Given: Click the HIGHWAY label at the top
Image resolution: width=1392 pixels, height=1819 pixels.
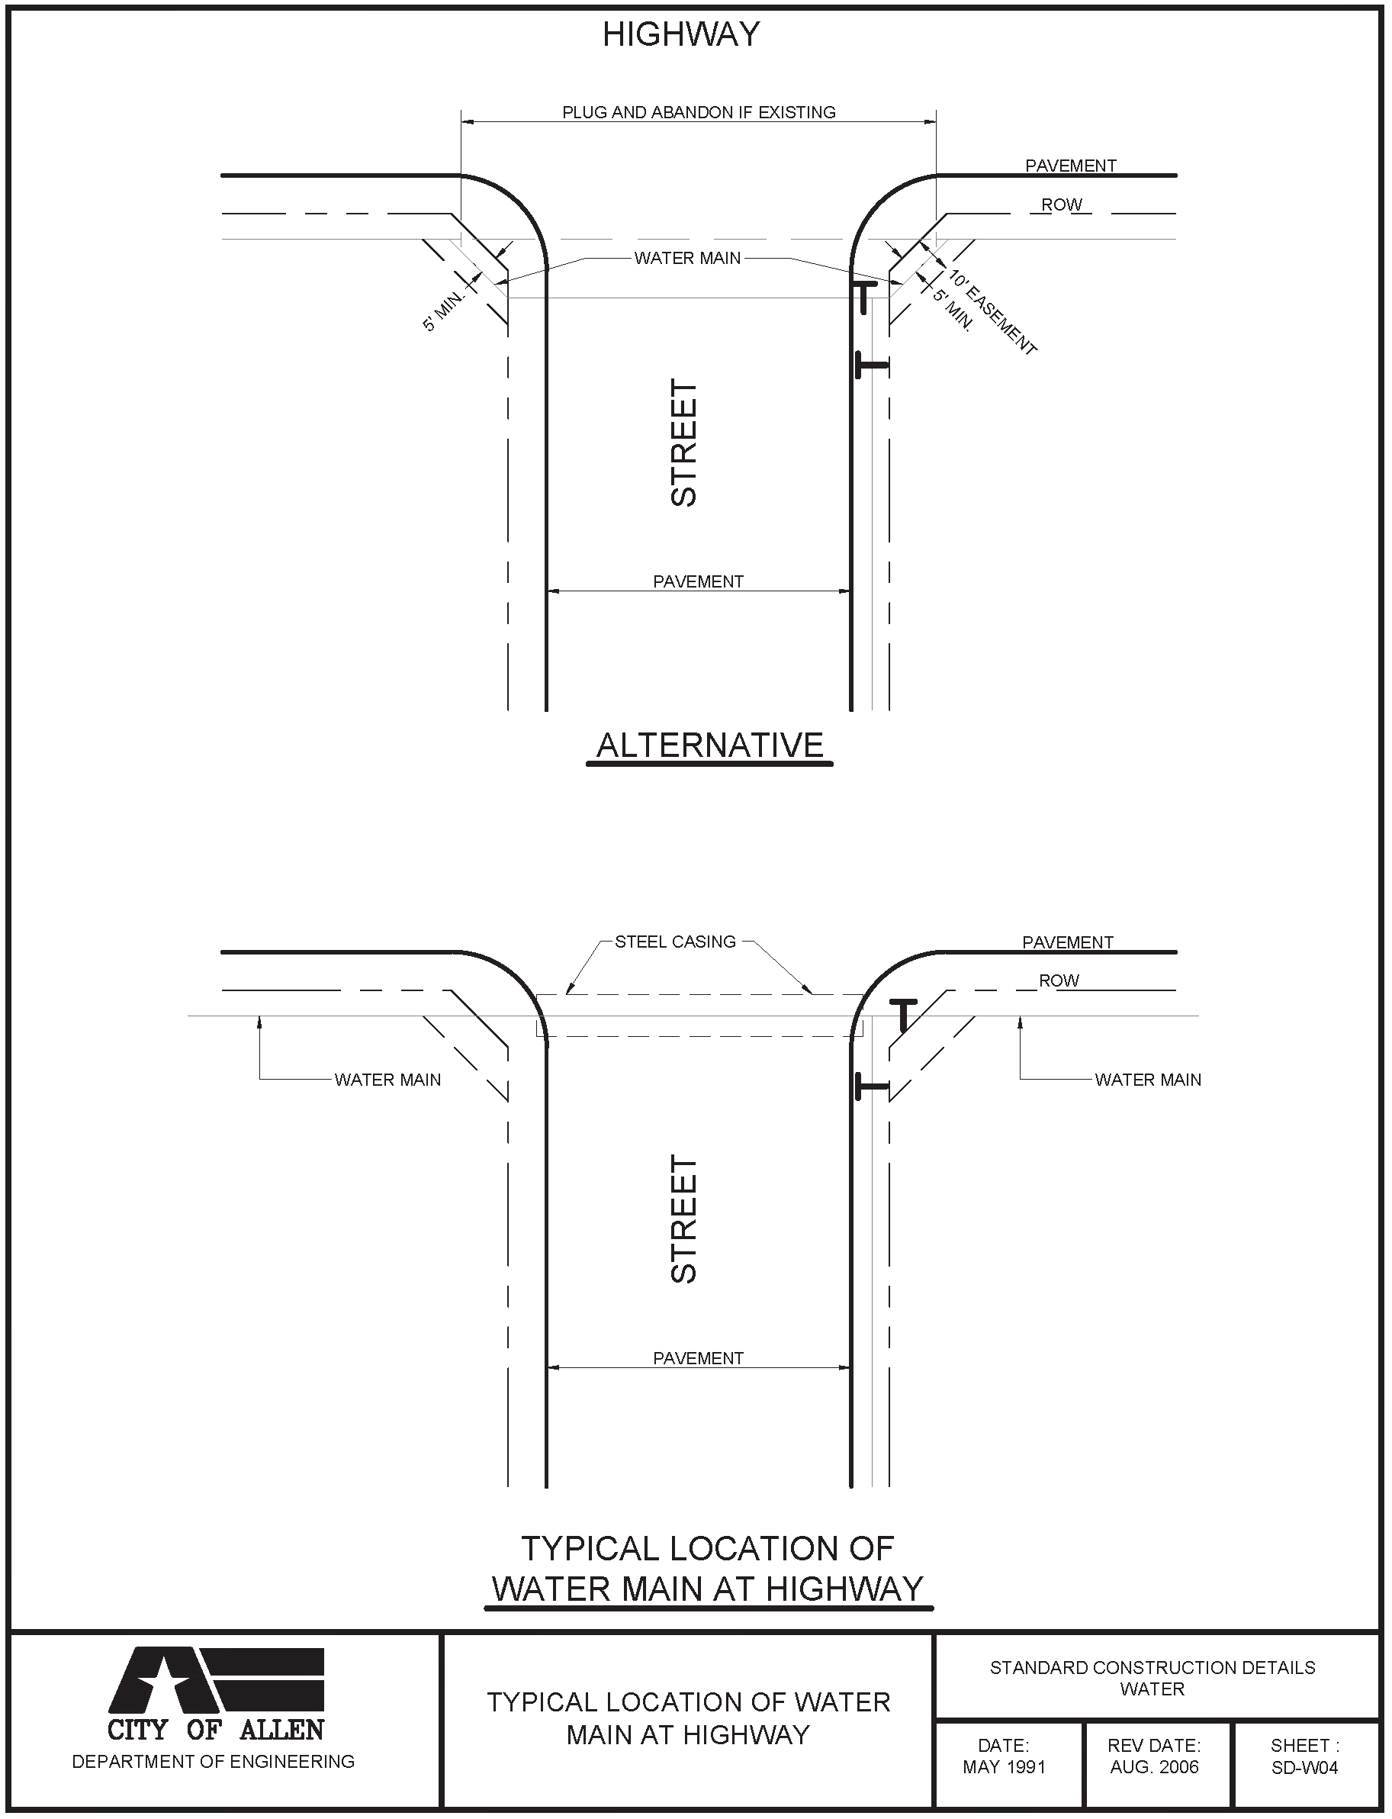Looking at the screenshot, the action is click(681, 35).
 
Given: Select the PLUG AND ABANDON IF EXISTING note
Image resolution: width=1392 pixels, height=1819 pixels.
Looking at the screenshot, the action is click(699, 113).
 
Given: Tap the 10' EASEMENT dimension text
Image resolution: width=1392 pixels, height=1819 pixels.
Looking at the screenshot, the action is click(992, 312).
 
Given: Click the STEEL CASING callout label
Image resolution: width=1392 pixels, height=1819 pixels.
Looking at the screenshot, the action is click(675, 942).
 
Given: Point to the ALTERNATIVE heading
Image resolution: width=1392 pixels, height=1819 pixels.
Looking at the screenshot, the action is click(710, 745).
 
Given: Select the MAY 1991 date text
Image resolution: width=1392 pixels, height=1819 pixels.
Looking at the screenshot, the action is click(1005, 1767).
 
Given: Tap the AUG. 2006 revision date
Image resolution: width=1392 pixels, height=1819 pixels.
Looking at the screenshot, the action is click(1154, 1767).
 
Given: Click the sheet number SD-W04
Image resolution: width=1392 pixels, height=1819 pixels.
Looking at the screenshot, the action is click(1305, 1767).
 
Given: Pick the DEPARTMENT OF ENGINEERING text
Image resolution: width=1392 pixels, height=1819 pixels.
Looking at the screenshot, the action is click(213, 1761).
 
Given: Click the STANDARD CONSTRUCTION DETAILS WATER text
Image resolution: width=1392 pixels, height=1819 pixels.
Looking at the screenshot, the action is click(1152, 1677).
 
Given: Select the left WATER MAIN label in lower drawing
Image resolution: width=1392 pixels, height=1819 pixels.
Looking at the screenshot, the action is click(387, 1080).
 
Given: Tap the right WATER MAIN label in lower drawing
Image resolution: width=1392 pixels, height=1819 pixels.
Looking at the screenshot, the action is click(1148, 1080).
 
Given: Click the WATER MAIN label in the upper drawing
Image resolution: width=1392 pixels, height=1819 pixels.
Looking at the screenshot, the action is click(688, 259).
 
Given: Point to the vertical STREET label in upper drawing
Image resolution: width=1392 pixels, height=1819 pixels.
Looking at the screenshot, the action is click(684, 443).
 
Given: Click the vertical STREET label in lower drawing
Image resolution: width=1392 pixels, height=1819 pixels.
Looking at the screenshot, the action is click(684, 1220).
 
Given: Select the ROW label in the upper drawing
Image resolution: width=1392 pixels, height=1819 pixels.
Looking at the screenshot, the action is click(1062, 204).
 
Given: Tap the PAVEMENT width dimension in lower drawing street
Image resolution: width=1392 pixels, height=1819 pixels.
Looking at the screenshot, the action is click(699, 1358).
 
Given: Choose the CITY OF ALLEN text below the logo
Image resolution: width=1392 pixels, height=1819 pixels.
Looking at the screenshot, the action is click(215, 1730).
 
